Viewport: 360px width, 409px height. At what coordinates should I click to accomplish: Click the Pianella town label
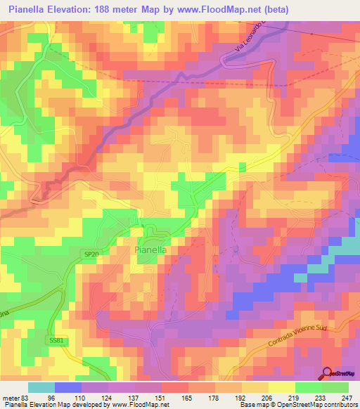(151, 249)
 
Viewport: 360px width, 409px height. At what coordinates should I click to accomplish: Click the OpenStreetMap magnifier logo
(327, 375)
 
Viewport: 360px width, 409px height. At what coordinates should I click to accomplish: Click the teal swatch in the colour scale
(41, 387)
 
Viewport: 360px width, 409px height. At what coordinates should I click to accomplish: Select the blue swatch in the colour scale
(67, 387)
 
